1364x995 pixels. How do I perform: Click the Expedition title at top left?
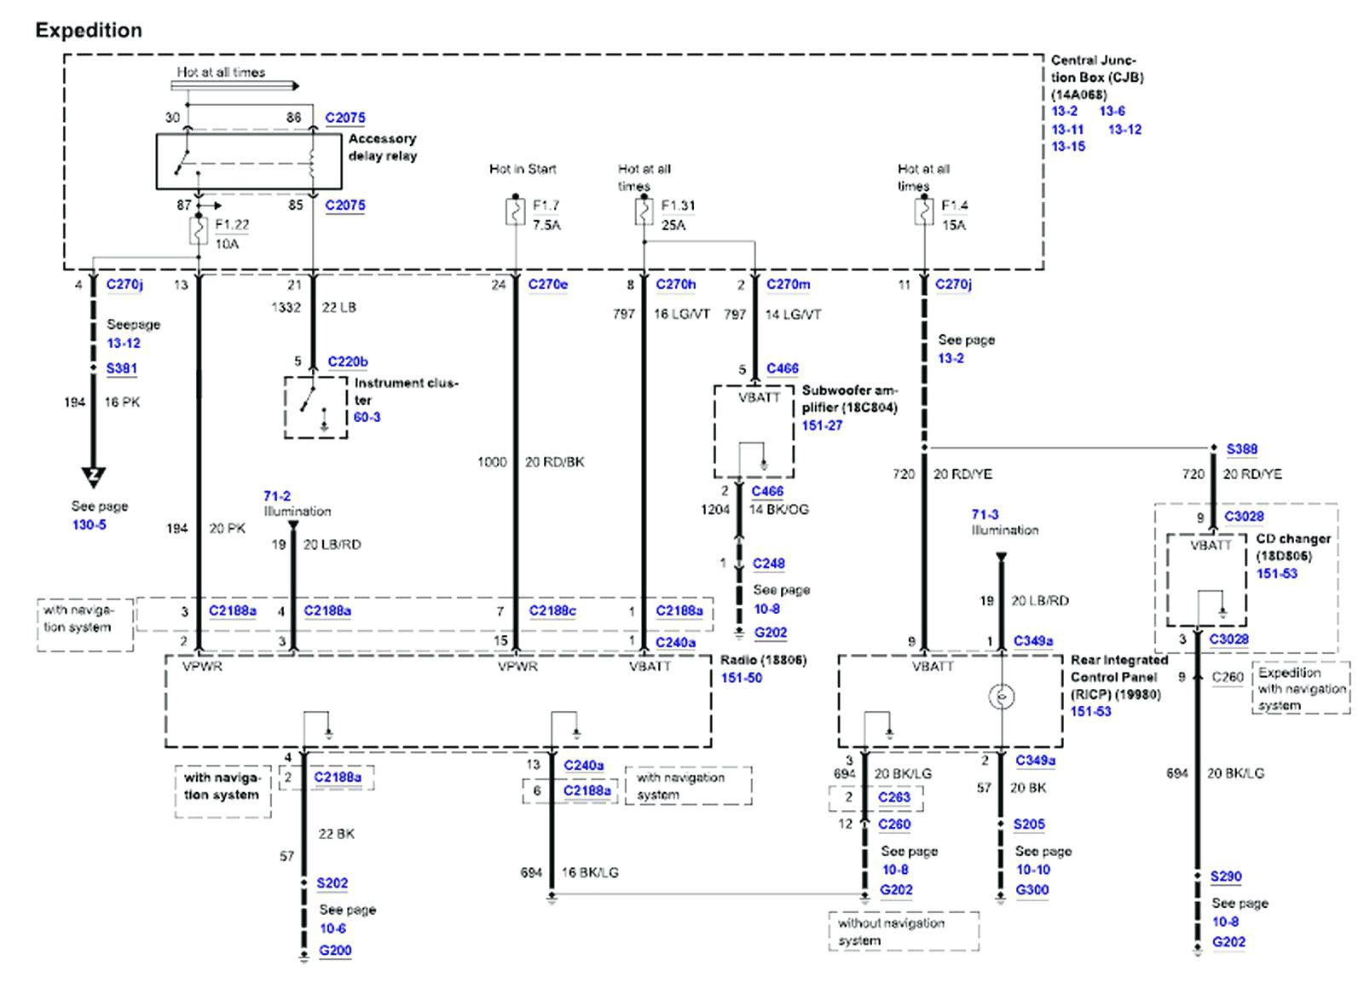click(89, 31)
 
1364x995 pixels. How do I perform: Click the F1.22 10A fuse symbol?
click(198, 231)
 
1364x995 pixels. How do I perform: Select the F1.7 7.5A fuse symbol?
click(515, 211)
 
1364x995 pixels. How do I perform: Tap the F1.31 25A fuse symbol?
click(644, 211)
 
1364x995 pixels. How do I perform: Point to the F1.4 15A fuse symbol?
click(924, 211)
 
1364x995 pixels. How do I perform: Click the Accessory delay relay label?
click(382, 148)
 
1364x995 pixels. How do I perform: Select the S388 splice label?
click(1241, 449)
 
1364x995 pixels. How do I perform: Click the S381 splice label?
click(121, 369)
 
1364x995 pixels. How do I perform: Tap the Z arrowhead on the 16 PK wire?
click(94, 476)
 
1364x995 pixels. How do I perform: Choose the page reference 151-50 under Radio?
click(741, 679)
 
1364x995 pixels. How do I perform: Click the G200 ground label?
click(335, 951)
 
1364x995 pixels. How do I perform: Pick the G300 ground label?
click(1032, 890)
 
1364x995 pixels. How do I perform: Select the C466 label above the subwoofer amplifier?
click(782, 369)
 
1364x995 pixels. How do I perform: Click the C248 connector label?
click(768, 564)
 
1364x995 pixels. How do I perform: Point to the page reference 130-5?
click(89, 525)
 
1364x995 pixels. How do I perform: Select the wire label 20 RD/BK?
click(554, 462)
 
